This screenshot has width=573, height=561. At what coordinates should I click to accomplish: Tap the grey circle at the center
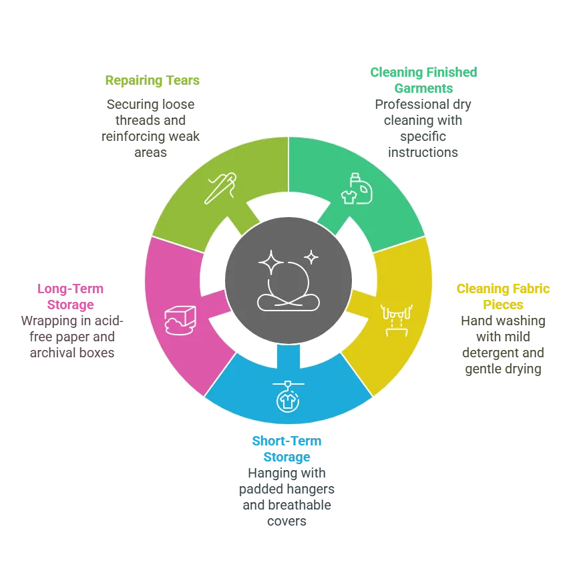288,280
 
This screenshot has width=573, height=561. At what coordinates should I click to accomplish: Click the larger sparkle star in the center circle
270,261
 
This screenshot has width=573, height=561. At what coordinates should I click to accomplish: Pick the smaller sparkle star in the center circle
311,256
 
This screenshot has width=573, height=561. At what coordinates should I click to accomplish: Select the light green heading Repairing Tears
153,81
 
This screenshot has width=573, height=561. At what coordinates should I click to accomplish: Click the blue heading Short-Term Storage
287,449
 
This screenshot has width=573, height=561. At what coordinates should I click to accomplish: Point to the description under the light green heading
152,129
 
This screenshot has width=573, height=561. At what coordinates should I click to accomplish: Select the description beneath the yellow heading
502,345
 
